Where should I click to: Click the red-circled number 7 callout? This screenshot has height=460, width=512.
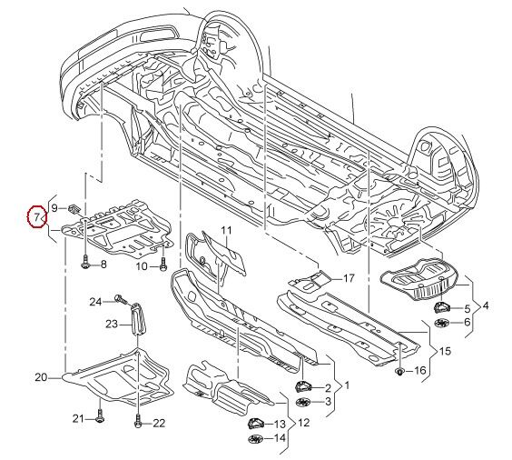[37, 216]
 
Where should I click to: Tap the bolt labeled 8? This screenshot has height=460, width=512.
[85, 262]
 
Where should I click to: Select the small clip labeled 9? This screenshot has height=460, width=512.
[74, 208]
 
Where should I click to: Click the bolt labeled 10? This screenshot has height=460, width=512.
[162, 264]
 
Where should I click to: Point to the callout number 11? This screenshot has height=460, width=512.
[226, 231]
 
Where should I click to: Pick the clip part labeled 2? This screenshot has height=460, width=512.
[303, 387]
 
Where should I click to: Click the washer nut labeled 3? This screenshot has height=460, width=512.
[304, 402]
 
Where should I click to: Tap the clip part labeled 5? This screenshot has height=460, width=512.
[441, 307]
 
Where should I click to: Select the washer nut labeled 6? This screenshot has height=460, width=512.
[442, 323]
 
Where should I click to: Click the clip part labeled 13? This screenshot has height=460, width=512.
[255, 424]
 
